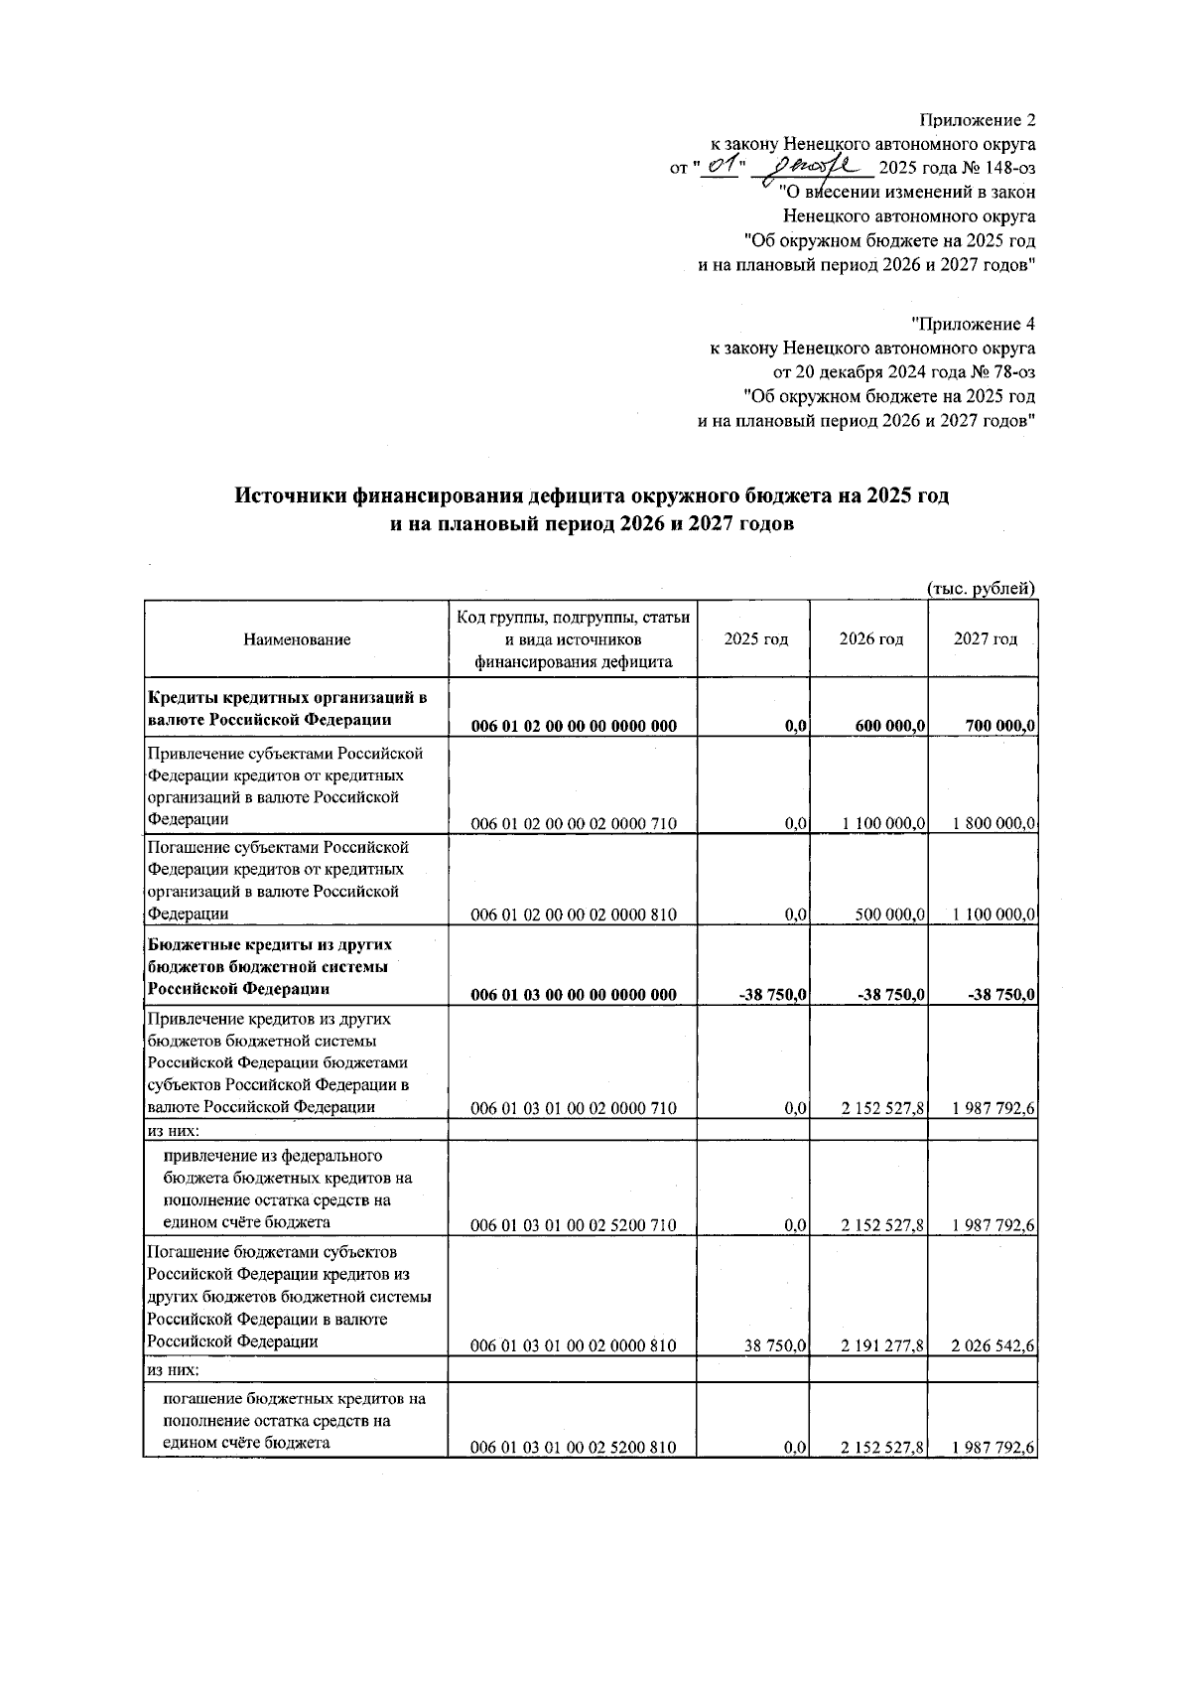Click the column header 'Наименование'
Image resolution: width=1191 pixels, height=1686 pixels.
[297, 639]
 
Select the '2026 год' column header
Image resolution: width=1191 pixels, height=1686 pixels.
[870, 639]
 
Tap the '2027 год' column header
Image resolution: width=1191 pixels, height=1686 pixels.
[985, 639]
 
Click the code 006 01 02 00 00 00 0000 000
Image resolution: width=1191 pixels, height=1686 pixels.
[574, 726]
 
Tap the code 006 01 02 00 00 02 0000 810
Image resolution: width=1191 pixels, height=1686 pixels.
[574, 914]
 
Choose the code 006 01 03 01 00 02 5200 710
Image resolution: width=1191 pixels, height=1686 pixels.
[574, 1225]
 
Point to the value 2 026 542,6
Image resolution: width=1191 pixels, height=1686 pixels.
[993, 1346]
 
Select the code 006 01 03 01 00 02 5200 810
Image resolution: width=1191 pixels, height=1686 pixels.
[574, 1448]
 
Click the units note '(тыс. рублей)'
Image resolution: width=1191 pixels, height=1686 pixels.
[981, 589]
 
